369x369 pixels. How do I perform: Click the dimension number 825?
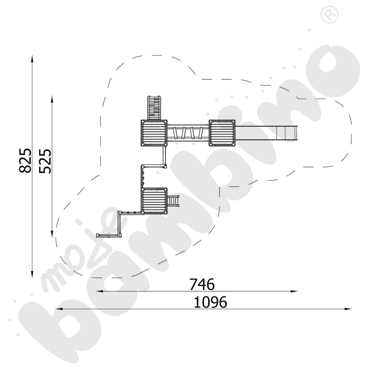point(25,161)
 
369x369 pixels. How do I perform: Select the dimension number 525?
point(45,161)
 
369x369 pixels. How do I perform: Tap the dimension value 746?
point(202,284)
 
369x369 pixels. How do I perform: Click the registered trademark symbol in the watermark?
point(330,15)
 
